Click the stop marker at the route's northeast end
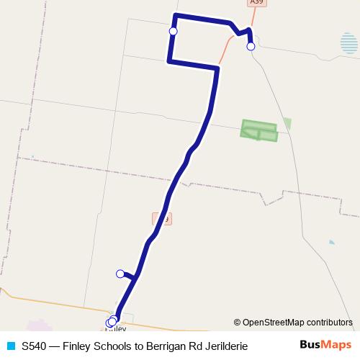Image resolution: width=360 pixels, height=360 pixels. tap(251, 46)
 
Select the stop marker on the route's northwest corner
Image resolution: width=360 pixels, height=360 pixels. tap(173, 31)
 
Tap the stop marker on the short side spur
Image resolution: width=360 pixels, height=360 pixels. tap(120, 273)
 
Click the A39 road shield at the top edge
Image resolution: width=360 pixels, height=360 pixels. tap(256, 3)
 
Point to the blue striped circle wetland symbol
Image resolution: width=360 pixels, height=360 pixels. tap(349, 43)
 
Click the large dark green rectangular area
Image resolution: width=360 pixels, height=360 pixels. tap(258, 130)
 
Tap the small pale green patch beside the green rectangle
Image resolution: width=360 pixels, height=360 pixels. tap(287, 123)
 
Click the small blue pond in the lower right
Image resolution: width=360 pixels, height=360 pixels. tap(331, 242)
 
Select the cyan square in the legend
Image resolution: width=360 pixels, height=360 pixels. tap(10, 346)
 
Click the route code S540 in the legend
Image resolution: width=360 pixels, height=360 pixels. tap(35, 346)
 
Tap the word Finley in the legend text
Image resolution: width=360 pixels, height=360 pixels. tap(77, 346)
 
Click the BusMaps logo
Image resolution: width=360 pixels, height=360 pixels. tap(325, 345)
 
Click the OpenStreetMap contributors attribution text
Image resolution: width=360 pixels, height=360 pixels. tap(293, 323)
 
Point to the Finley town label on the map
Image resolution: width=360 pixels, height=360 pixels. tap(117, 329)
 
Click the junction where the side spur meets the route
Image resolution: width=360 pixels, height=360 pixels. tap(135, 276)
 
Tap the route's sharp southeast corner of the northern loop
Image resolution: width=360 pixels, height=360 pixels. tap(217, 68)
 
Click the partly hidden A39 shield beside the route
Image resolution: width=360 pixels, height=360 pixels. tap(163, 218)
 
